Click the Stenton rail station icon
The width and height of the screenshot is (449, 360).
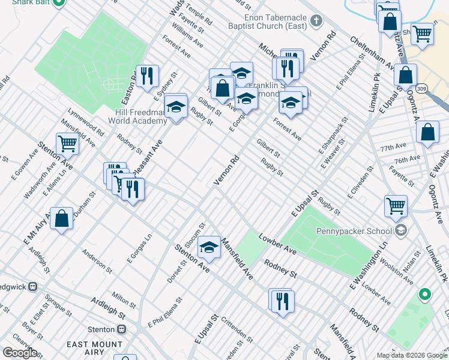pyautogui.click(x=121, y=329)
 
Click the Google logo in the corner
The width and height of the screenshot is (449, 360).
pyautogui.click(x=20, y=353)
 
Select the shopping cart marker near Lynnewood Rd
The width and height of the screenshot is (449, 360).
pyautogui.click(x=67, y=144)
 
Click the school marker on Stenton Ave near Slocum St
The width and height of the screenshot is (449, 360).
pyautogui.click(x=208, y=247)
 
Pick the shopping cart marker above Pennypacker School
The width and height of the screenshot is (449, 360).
pyautogui.click(x=396, y=206)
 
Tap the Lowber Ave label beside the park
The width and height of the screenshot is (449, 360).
pyautogui.click(x=278, y=244)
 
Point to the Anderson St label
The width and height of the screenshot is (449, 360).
pyautogui.click(x=97, y=260)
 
